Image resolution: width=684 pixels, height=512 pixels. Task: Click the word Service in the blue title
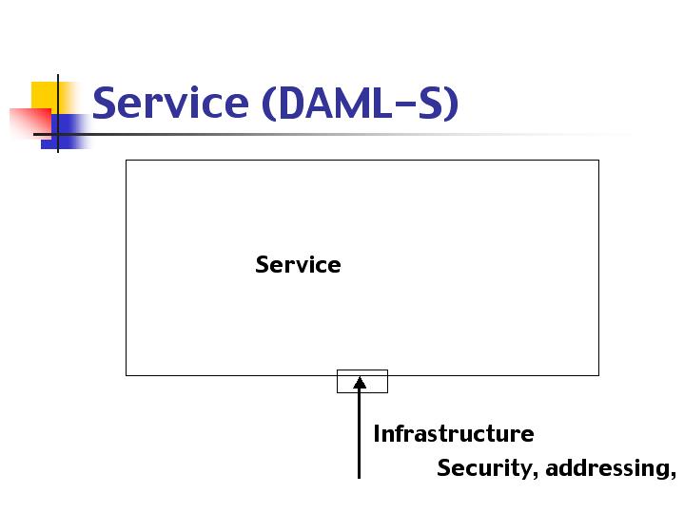click(x=170, y=103)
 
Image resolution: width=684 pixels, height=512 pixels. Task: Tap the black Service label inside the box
click(x=298, y=264)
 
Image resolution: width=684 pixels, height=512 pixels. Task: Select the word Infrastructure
click(x=454, y=433)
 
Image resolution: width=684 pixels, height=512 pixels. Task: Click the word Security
click(x=484, y=468)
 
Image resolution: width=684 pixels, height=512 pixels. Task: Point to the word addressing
click(x=607, y=467)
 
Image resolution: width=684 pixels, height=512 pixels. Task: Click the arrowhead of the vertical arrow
click(x=360, y=383)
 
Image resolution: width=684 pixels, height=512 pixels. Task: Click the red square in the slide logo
click(x=30, y=123)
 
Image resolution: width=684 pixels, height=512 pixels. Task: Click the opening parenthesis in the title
click(x=269, y=104)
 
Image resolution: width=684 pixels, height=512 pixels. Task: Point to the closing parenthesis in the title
click(x=452, y=104)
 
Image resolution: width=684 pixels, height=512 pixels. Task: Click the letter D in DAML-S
click(x=291, y=103)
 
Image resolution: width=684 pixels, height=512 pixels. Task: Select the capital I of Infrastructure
click(x=377, y=433)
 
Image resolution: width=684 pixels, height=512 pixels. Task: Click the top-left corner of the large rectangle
click(x=127, y=161)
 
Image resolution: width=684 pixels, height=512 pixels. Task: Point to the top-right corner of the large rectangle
click(x=599, y=161)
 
